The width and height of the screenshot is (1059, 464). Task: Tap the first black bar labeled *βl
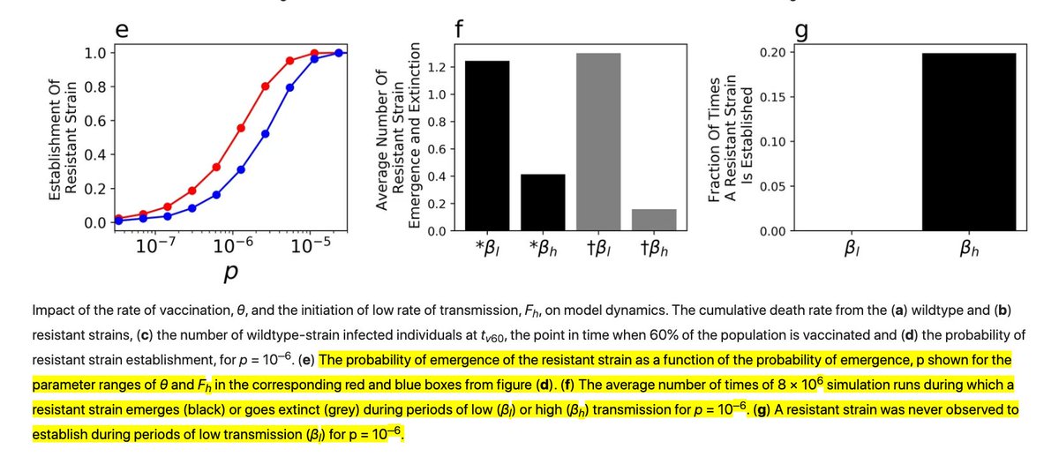(486, 146)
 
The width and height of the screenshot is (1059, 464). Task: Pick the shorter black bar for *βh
(543, 202)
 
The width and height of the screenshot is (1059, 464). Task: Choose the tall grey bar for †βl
(598, 142)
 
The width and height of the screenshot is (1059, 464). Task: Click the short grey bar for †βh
(654, 220)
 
